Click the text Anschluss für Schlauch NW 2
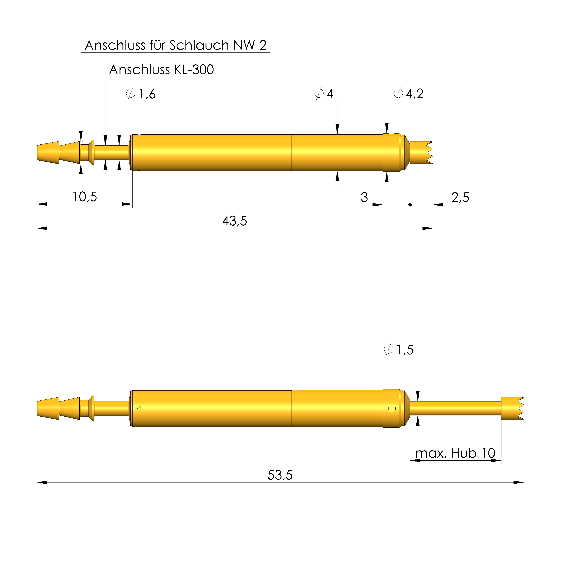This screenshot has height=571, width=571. (x=176, y=45)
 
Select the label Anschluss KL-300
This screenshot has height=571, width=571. (x=161, y=70)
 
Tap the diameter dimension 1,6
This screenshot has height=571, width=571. (x=141, y=94)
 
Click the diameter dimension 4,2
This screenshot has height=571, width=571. (x=409, y=94)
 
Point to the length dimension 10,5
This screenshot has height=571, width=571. (x=85, y=197)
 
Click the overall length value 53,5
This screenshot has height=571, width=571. (x=280, y=475)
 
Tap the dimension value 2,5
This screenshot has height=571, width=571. (x=460, y=197)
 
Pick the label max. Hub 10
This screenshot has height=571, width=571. (x=455, y=453)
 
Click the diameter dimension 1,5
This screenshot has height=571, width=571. (x=399, y=350)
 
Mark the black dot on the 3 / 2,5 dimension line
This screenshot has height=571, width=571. (x=410, y=205)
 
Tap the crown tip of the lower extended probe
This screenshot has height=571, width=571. (x=513, y=408)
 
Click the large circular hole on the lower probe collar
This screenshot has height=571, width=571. (x=392, y=408)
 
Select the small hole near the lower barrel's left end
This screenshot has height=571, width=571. (x=139, y=408)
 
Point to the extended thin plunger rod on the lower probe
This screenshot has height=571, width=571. (x=455, y=408)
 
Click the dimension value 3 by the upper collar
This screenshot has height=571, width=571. (x=364, y=197)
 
